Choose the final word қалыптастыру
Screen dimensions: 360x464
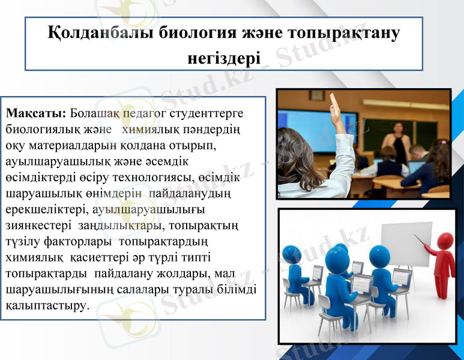pyautogui.click(x=47, y=305)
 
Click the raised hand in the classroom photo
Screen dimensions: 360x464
pyautogui.click(x=334, y=107)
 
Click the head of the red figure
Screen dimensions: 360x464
pyautogui.click(x=445, y=241)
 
